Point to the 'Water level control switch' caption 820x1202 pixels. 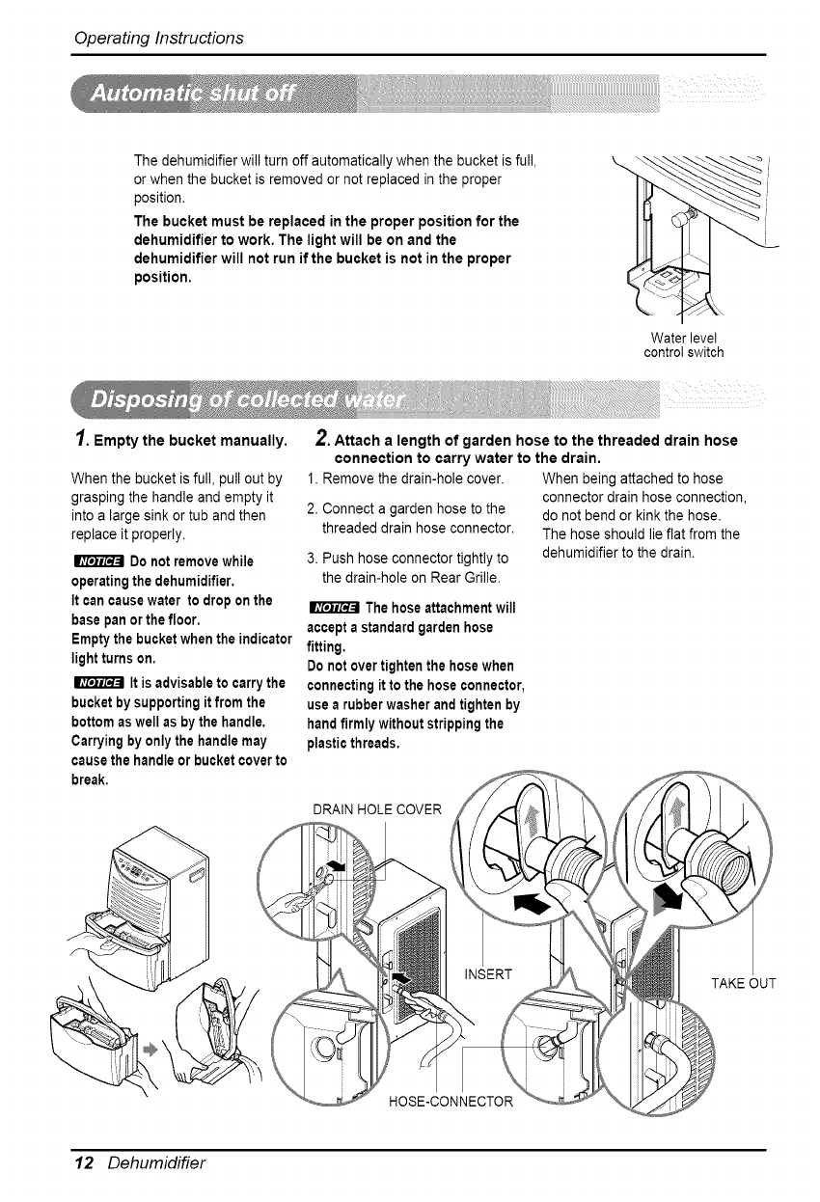[683, 344]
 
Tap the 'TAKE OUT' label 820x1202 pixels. [743, 984]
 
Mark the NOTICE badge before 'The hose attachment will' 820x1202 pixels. [330, 608]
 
